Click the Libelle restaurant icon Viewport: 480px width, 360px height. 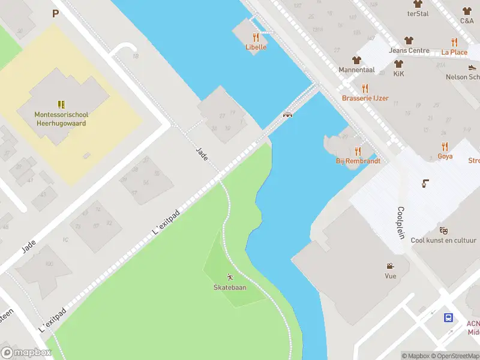click(256, 37)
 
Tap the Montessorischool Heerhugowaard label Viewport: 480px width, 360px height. click(60, 119)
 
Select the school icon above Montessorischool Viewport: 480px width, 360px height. click(61, 104)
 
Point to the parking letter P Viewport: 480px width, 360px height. click(56, 14)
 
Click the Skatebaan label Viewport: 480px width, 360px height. click(230, 287)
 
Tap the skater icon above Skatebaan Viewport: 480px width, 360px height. click(230, 277)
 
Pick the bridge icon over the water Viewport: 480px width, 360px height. click(287, 115)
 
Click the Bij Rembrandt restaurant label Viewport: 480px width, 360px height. click(358, 161)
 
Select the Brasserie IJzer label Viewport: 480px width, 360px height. click(365, 98)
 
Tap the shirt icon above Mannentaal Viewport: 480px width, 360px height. click(356, 60)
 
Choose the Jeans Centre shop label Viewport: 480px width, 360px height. click(409, 51)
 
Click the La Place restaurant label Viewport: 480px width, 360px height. click(454, 52)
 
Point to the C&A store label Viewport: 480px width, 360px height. click(467, 20)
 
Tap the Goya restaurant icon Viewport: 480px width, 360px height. click(445, 146)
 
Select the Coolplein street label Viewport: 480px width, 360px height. click(401, 223)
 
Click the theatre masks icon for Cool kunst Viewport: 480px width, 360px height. click(443, 230)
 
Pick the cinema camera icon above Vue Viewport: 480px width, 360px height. click(391, 266)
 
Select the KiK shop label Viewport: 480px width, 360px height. click(398, 74)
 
